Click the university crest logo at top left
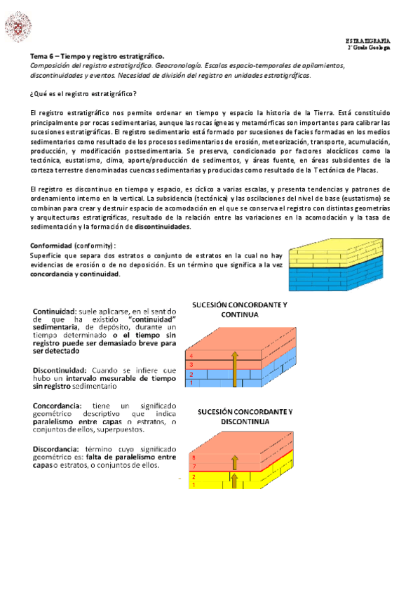click(x=18, y=27)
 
